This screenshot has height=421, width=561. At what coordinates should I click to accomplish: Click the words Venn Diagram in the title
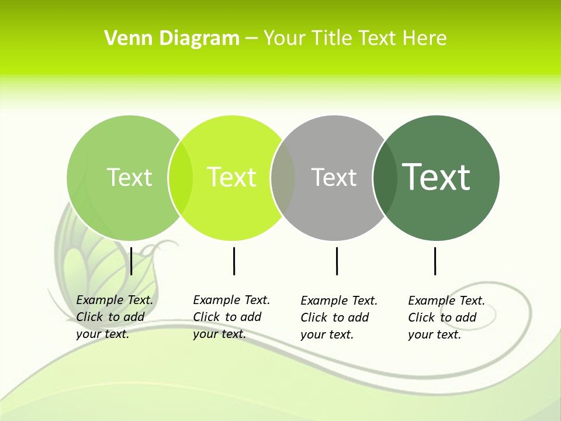tap(172, 39)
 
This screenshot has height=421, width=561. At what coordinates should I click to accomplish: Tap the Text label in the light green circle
tap(129, 177)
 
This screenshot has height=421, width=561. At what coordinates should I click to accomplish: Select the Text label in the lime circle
tap(231, 177)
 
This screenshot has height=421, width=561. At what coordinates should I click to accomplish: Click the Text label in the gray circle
tap(334, 177)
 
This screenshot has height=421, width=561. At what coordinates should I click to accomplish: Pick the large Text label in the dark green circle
tap(437, 177)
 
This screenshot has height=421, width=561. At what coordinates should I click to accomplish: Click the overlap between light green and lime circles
tap(181, 178)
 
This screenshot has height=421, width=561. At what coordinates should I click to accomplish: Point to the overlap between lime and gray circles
tap(283, 178)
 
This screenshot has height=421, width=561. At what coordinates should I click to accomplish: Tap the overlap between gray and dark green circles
tap(385, 178)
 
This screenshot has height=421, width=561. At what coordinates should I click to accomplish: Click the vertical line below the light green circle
tap(131, 261)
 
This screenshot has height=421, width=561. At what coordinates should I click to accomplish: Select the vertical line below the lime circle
tap(234, 261)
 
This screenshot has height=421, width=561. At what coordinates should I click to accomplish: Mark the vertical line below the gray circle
tap(337, 261)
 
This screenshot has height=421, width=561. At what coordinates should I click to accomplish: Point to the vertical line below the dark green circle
tap(435, 261)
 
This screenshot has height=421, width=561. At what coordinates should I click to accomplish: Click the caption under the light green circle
tap(114, 317)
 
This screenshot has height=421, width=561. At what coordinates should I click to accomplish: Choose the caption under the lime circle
tap(231, 317)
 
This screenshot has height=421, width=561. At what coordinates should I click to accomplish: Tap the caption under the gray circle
tap(338, 318)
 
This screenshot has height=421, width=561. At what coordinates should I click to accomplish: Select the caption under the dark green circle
tap(446, 318)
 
